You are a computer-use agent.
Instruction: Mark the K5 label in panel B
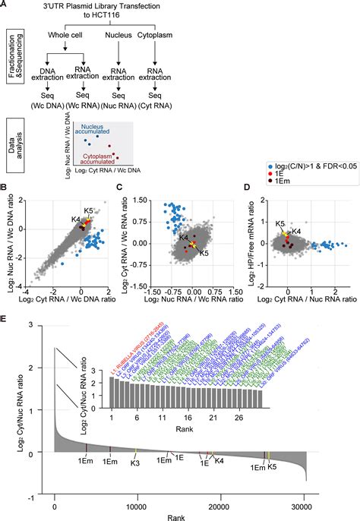88,210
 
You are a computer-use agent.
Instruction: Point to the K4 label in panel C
183,238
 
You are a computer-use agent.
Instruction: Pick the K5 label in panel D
280,224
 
